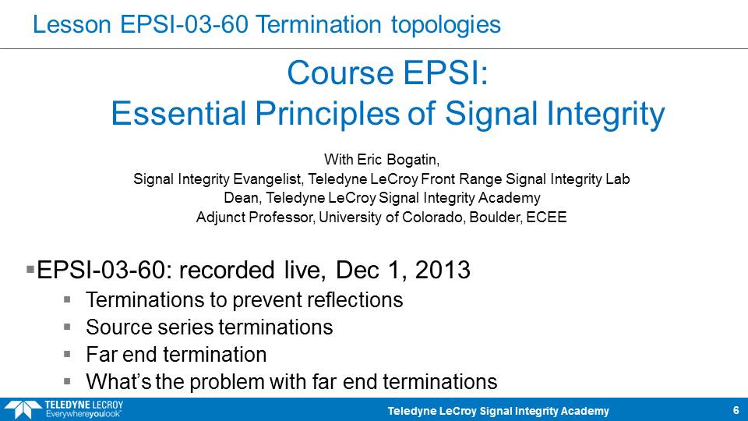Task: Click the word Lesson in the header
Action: tap(72, 24)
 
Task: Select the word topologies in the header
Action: tap(446, 25)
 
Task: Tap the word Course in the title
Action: tap(340, 73)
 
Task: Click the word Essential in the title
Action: tap(178, 113)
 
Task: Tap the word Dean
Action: tap(242, 198)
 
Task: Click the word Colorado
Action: tap(433, 218)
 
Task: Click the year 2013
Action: tap(443, 270)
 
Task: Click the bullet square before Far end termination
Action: tap(67, 354)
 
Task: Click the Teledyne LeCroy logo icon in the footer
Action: tap(23, 410)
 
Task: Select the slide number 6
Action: tap(736, 410)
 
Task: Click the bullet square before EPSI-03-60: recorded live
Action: tap(30, 270)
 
